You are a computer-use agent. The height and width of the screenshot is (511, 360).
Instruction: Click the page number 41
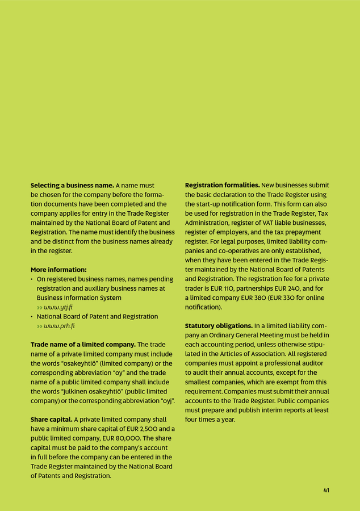coord(326,490)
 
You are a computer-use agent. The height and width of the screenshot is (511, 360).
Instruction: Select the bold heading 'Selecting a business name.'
coord(72,186)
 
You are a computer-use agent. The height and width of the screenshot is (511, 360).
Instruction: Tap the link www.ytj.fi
coord(58,307)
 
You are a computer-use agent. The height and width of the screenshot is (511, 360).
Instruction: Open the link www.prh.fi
coord(59,326)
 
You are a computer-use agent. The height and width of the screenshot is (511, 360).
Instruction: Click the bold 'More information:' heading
coord(58,270)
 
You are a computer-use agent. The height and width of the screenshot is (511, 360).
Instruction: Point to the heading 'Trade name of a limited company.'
coord(83,345)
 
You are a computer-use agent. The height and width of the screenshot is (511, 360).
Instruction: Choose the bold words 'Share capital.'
coord(51,420)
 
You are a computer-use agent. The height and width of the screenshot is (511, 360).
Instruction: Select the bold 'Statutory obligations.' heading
coord(219,326)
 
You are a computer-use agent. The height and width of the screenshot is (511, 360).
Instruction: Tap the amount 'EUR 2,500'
coord(150,429)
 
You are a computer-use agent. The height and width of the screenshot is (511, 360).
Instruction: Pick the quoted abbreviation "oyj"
coord(165,401)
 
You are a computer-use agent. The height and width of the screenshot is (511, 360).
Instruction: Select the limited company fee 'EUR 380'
coord(255,298)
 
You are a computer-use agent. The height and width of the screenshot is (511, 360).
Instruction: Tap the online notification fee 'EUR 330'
coord(291,298)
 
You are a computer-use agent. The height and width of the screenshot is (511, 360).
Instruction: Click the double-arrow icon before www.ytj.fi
coord(39,307)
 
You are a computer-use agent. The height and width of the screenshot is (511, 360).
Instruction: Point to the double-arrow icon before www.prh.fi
coord(39,326)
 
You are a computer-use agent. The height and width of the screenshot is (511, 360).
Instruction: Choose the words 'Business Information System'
coord(79,298)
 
